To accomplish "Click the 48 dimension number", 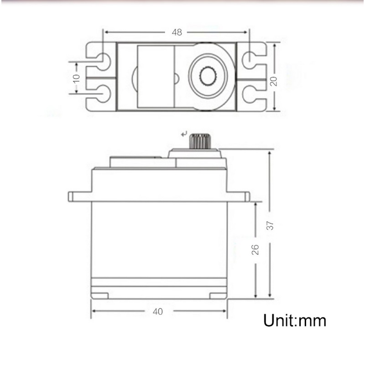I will point(177,32).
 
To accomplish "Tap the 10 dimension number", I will point(76,78).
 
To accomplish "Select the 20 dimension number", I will point(273,81).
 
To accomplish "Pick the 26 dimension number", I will point(255,249).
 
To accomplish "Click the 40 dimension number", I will point(158,312).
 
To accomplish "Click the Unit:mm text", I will point(295,320).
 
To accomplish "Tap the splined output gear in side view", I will point(199,141).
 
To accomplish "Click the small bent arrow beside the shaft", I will point(184,134).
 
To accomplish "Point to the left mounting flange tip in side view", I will point(71,197).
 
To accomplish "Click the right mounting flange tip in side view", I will point(247,197).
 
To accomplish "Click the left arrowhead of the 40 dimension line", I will point(94,312).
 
